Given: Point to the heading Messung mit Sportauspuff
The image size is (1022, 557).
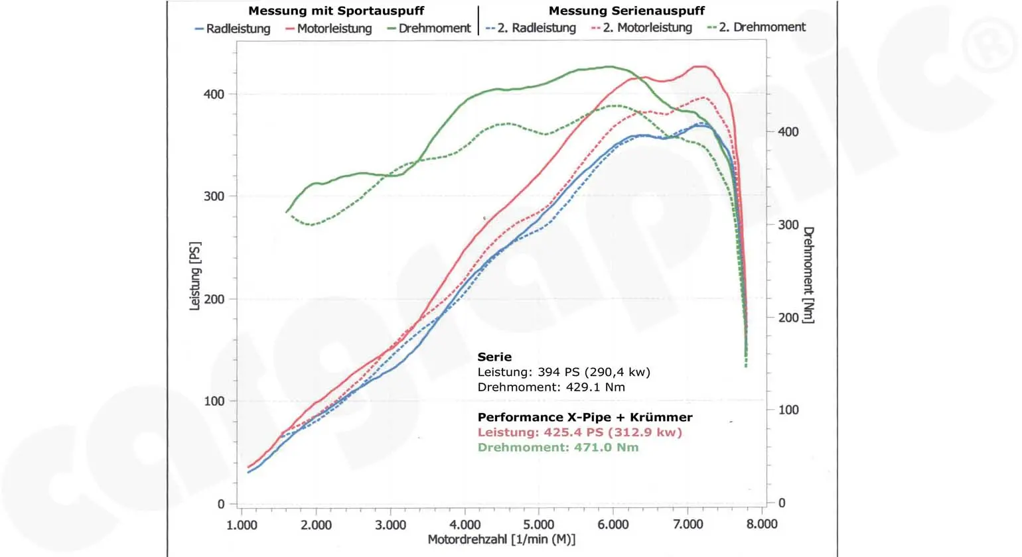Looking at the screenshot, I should coord(336,11).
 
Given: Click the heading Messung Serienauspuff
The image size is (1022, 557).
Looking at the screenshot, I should coord(626,11).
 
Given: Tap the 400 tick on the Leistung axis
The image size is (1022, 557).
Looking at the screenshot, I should coord(214,94).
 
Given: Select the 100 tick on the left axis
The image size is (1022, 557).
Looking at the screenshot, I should coord(214,401).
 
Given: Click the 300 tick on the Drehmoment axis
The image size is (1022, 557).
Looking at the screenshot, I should coord(788,225).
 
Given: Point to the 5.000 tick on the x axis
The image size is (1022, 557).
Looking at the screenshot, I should coord(539,525).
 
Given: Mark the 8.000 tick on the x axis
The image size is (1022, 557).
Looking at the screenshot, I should coord(761,525).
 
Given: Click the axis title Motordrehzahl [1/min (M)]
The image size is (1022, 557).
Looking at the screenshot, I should coord(501,540).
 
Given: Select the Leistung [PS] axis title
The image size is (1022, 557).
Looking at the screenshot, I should coord(195,276).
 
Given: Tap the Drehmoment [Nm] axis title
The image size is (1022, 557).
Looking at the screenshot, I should coord(808,275).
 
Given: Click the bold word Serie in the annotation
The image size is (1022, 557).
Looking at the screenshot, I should coord(494,357).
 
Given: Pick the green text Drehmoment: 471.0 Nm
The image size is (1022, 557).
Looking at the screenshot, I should coord(558,448).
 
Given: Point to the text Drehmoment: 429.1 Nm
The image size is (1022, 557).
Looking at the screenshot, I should coord(551,387).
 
